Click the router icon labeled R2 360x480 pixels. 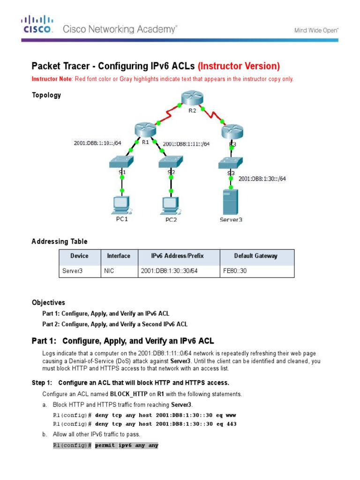point(192,99)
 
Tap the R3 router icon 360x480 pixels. point(232,130)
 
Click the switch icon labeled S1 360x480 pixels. point(121,162)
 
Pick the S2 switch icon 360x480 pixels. point(171,162)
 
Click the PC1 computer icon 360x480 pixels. point(121,205)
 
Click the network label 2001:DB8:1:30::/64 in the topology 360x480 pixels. point(262,179)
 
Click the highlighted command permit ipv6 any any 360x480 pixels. point(127,445)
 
